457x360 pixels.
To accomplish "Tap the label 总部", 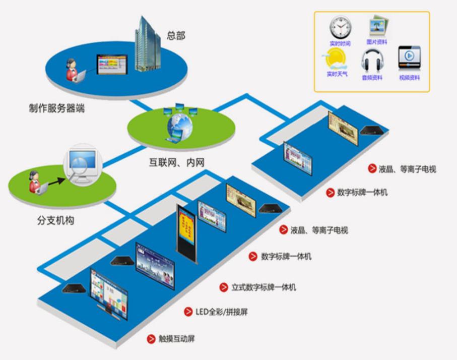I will pyautogui.click(x=176, y=36).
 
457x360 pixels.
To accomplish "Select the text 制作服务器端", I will pyautogui.click(x=56, y=108).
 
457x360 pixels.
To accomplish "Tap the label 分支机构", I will pyautogui.click(x=55, y=220).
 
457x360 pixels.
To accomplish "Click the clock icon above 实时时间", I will pyautogui.click(x=340, y=27).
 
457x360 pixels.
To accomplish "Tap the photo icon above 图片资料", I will pyautogui.click(x=376, y=27).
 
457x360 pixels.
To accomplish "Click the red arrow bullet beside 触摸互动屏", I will pyautogui.click(x=151, y=339).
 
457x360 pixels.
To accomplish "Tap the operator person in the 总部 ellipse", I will pyautogui.click(x=73, y=71).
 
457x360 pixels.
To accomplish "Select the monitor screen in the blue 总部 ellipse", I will pyautogui.click(x=110, y=65).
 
